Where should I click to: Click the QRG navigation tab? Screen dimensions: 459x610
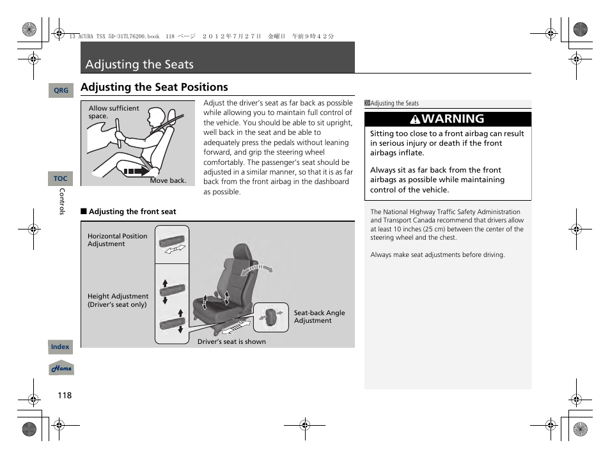click(61, 91)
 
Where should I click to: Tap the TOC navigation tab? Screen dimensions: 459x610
click(61, 179)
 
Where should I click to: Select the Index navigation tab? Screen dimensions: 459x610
click(61, 347)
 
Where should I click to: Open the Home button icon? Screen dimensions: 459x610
click(62, 369)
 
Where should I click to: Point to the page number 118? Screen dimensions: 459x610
click(65, 395)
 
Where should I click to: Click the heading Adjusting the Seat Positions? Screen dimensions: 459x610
click(154, 87)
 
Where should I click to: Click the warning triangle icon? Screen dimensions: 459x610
click(415, 120)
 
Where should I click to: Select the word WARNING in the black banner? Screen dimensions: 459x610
click(453, 119)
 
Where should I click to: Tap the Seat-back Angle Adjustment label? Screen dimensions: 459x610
click(319, 317)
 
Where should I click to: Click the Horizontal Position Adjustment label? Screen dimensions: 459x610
click(117, 240)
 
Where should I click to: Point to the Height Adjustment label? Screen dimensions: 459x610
click(118, 300)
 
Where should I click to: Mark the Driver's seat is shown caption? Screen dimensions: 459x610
click(231, 342)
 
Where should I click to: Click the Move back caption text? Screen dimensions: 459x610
click(168, 181)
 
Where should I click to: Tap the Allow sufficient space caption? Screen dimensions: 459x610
click(113, 112)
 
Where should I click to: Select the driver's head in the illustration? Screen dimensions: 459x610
click(156, 119)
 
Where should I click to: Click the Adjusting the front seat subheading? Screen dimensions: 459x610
click(132, 212)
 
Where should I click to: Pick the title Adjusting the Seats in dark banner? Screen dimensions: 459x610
click(139, 65)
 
